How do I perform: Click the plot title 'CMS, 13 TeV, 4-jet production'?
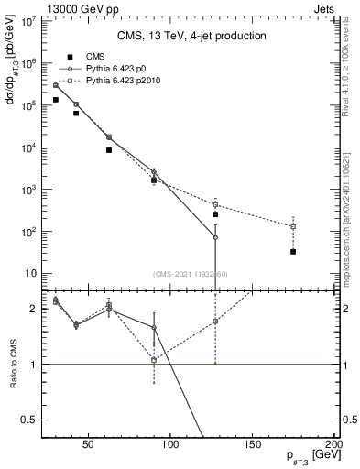(x=191, y=36)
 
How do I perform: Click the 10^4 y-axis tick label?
(x=27, y=147)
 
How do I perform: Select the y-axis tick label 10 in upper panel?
(x=29, y=273)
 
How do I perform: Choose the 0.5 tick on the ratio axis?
(x=32, y=420)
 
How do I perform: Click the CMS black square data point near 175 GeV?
(x=293, y=251)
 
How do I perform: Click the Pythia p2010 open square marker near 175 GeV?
(x=293, y=226)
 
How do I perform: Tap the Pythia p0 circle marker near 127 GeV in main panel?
(x=215, y=237)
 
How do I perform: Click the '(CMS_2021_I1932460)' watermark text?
(x=191, y=273)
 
